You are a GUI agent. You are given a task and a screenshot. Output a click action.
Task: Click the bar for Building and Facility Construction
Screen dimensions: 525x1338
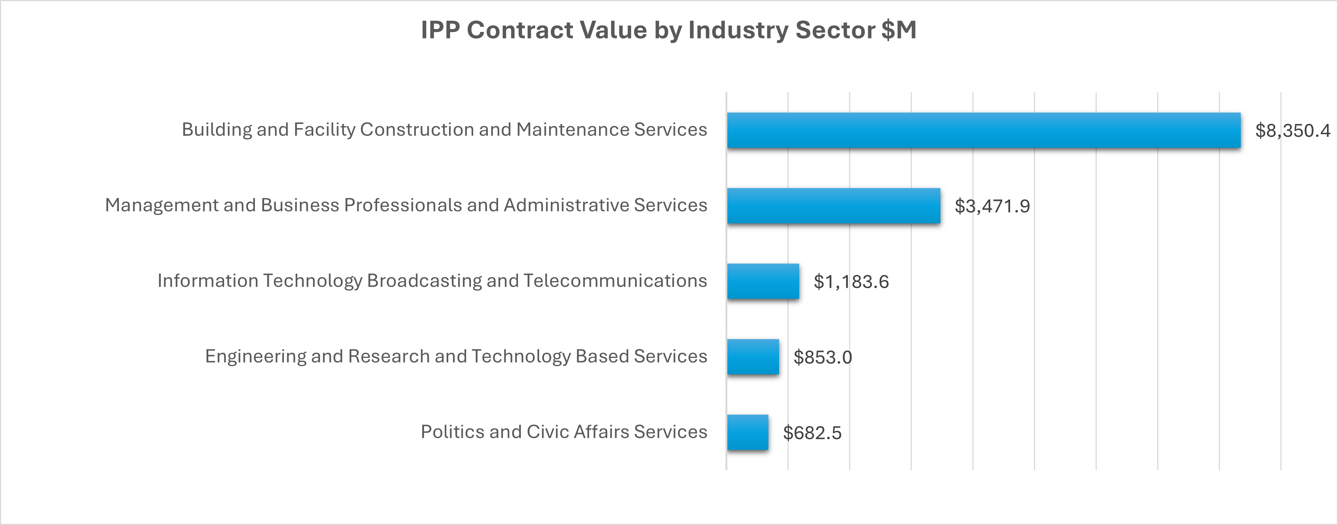coord(983,131)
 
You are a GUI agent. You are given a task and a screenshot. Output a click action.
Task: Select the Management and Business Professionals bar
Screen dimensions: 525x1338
coord(833,206)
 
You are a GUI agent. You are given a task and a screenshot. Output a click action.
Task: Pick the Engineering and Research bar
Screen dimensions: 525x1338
coord(753,357)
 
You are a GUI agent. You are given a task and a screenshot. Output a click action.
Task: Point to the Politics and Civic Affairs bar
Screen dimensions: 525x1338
coord(747,432)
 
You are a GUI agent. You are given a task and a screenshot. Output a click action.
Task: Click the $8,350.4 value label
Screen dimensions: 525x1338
coord(1292,131)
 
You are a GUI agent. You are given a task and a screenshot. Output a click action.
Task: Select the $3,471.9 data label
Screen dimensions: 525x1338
coord(992,206)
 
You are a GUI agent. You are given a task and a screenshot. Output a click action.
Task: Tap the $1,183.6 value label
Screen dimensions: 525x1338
coord(851,282)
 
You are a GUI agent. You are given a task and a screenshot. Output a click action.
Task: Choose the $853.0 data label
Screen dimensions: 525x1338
coord(823,357)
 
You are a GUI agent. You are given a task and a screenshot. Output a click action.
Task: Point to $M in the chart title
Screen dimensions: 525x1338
coord(899,30)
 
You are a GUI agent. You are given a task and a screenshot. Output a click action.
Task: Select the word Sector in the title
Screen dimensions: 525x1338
coord(835,30)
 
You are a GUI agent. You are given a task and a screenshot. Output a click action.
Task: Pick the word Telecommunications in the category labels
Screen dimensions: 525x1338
coord(615,280)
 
